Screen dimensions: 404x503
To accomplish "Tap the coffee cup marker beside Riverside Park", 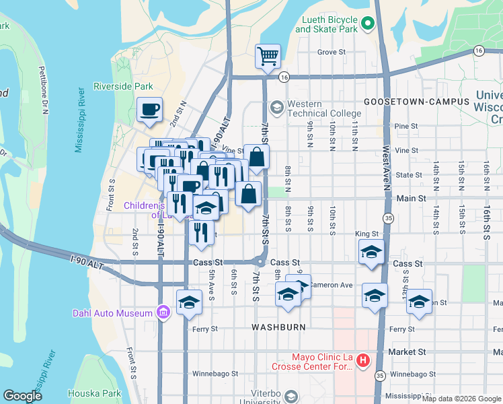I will pos(149,108).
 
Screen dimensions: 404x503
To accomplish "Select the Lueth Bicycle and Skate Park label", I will pos(327,25).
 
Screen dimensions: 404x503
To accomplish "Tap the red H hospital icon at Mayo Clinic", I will pos(363,361).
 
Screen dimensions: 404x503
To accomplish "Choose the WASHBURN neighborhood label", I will pos(278,327).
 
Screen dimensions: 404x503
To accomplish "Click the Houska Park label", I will pos(98,393).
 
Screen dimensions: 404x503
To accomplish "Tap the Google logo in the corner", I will pos(22,395).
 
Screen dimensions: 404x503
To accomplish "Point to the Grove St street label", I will pos(331,51).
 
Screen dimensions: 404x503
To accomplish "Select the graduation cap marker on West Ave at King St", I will pos(371,252).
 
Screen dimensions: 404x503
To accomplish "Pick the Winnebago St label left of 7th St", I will pos(216,373).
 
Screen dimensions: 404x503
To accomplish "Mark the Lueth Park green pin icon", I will pos(367,24).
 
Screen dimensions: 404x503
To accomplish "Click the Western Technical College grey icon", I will pos(276,107).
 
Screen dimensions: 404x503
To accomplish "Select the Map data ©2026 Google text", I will pos(461,399).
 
